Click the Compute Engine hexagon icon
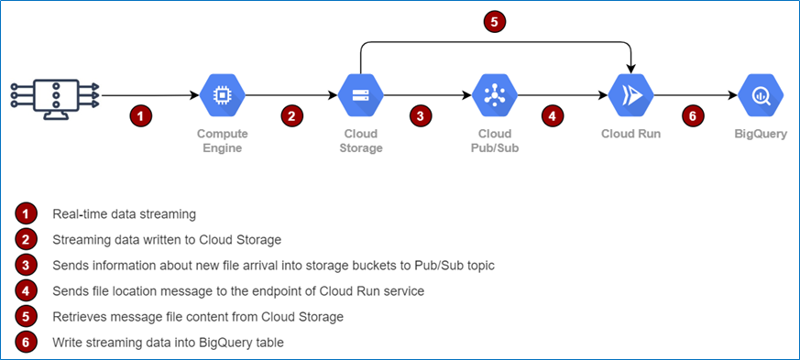pos(221,94)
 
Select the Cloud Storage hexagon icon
pos(360,94)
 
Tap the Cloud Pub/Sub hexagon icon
pos(495,94)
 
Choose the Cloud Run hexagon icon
pos(631,94)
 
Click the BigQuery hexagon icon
pos(760,94)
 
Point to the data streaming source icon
pos(55,94)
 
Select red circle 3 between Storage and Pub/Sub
pos(420,116)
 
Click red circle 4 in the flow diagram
pos(552,116)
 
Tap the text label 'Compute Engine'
pos(222,140)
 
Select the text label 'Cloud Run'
pos(630,134)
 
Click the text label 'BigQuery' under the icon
pos(760,134)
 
